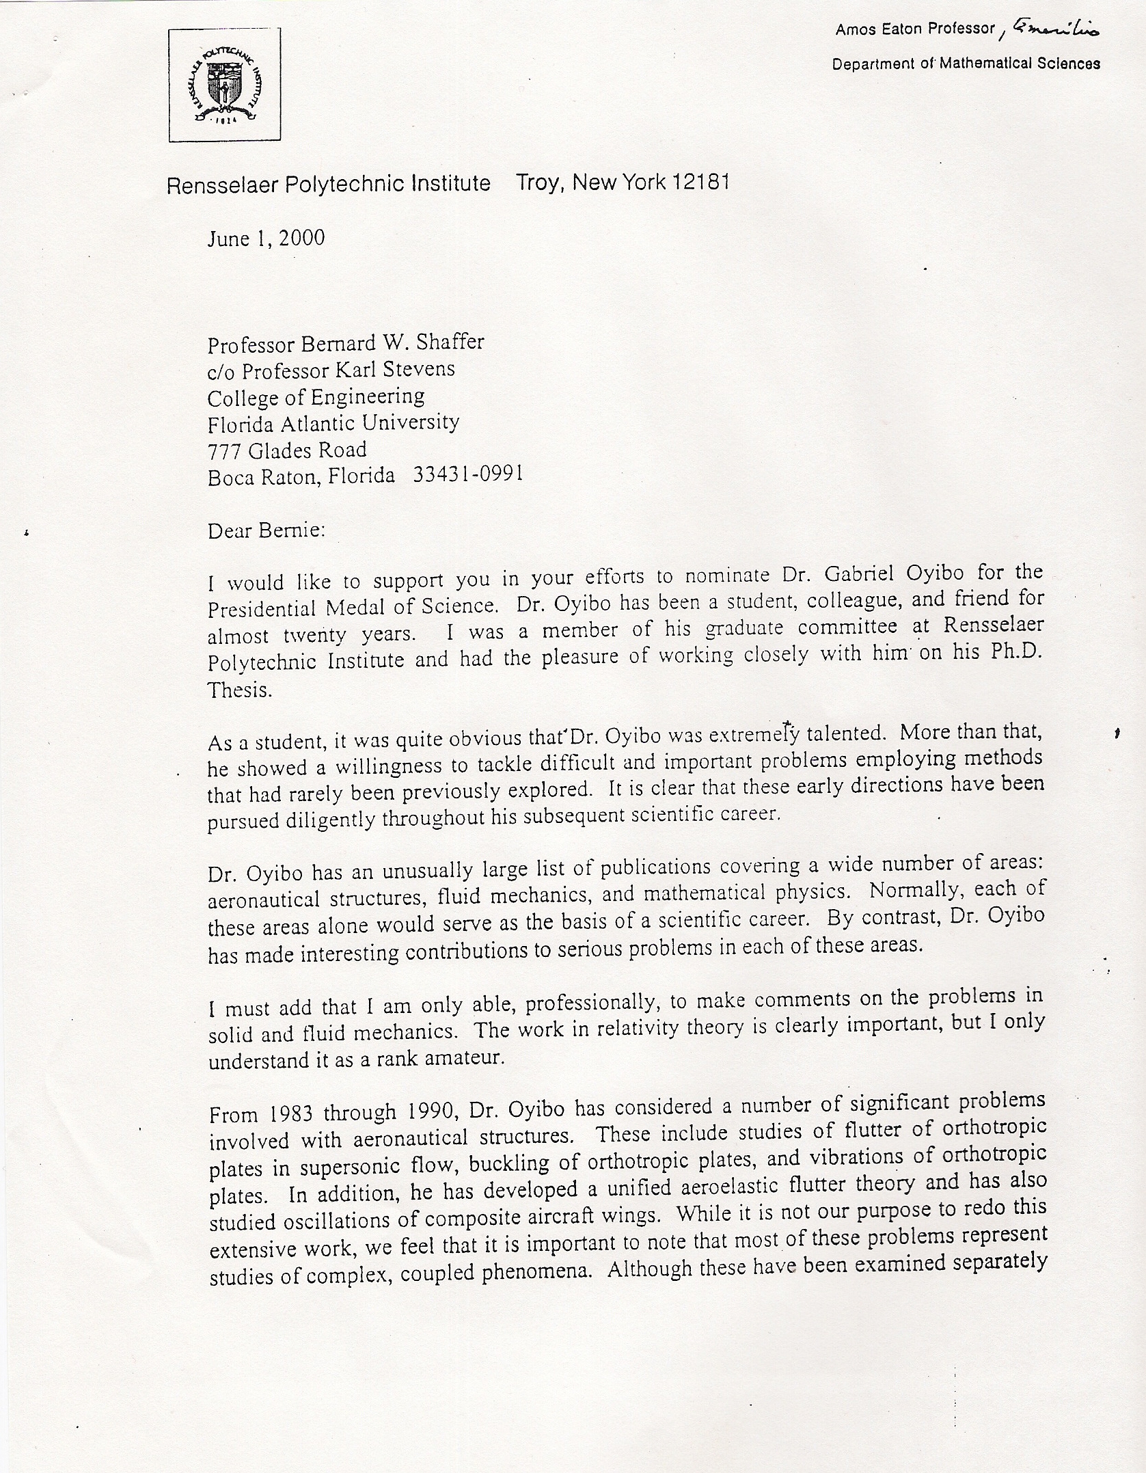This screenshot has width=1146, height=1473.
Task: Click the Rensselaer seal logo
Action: (225, 85)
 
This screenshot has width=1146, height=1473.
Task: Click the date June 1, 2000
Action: (267, 239)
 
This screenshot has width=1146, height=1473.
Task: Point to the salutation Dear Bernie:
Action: (266, 530)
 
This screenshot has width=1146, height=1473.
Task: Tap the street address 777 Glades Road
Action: (287, 450)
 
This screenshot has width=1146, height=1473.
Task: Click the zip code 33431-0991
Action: (469, 474)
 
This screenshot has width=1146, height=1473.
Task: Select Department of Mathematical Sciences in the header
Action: (966, 64)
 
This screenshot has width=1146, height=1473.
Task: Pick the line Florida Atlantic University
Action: (333, 424)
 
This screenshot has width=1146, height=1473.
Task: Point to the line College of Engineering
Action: (316, 397)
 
